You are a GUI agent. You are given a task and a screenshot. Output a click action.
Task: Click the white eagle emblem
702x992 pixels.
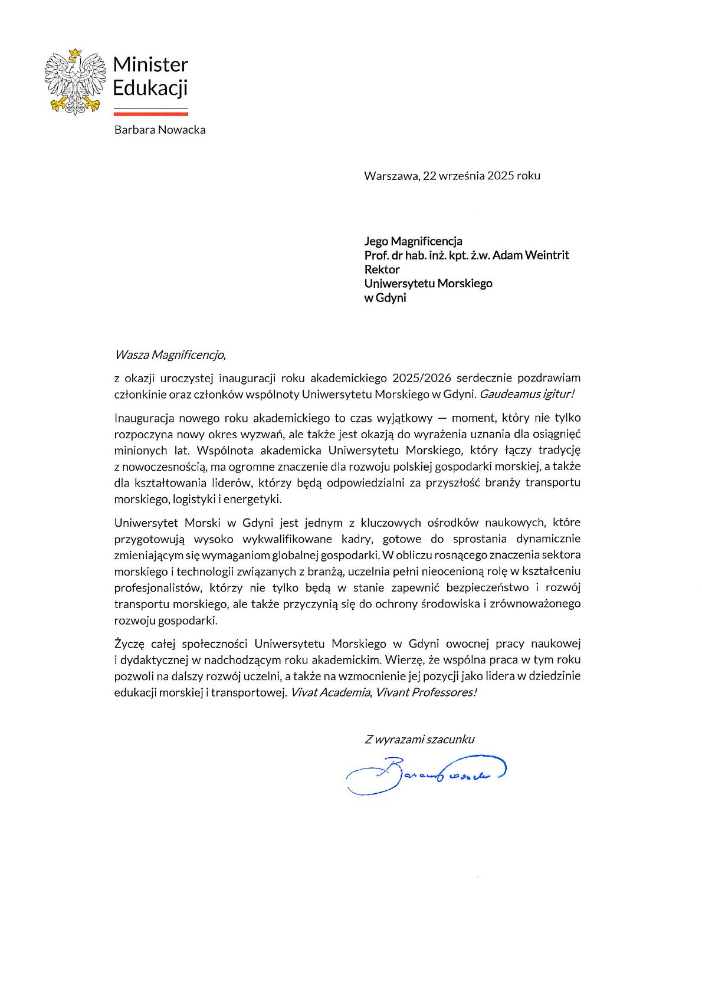pos(74,83)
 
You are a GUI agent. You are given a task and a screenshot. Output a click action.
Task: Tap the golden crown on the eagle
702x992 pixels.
pos(74,54)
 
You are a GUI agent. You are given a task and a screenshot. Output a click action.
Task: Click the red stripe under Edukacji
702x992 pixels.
pos(150,113)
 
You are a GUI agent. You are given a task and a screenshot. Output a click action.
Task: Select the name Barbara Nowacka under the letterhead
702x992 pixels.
pos(160,130)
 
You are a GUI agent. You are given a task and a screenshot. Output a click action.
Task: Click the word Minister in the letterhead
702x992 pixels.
pos(150,64)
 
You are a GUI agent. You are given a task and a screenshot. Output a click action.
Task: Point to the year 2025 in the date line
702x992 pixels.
pos(500,176)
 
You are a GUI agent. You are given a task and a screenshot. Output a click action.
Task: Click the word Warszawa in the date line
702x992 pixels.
pos(391,176)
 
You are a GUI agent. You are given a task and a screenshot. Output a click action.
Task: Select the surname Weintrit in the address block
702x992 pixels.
pos(547,255)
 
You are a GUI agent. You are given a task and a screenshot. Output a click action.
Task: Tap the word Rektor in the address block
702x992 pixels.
pos(382,270)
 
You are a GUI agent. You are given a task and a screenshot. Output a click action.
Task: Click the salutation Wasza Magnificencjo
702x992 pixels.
pos(170,355)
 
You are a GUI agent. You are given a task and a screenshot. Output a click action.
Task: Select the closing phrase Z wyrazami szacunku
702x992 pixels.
pos(419,740)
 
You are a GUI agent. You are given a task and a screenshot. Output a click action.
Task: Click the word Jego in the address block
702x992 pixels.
pos(376,241)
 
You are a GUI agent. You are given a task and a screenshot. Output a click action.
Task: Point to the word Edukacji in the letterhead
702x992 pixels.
pos(150,88)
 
